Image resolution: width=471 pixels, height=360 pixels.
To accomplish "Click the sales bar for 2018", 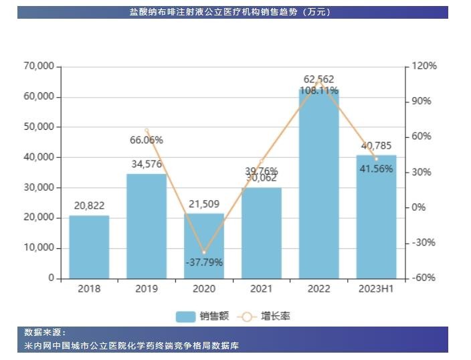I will coord(89,246).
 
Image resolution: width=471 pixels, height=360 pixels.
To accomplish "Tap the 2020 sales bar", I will coord(204,246).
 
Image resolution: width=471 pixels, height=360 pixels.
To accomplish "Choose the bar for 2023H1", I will coord(377,217).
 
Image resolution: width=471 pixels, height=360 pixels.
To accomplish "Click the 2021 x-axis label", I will coord(262,289).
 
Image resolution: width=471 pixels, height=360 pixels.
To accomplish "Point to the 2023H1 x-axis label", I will coord(377,289).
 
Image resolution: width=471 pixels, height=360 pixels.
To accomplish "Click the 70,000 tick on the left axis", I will coord(37,66).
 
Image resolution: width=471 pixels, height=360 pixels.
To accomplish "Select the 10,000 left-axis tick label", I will coord(37,248).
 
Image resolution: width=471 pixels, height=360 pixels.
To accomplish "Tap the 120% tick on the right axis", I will coord(424,66).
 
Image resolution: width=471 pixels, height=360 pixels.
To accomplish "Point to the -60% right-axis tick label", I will coord(423,278).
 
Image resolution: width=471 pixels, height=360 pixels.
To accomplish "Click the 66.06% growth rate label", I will coord(147,140).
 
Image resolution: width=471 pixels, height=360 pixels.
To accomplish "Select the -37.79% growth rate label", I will coord(204,262).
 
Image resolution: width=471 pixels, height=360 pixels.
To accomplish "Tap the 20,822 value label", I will coord(89,205).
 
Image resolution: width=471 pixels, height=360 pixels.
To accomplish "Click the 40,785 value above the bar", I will coord(376,145).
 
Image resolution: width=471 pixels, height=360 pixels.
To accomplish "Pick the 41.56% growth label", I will coord(376,169).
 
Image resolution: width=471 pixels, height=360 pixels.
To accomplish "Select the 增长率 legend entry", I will coord(268,316).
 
